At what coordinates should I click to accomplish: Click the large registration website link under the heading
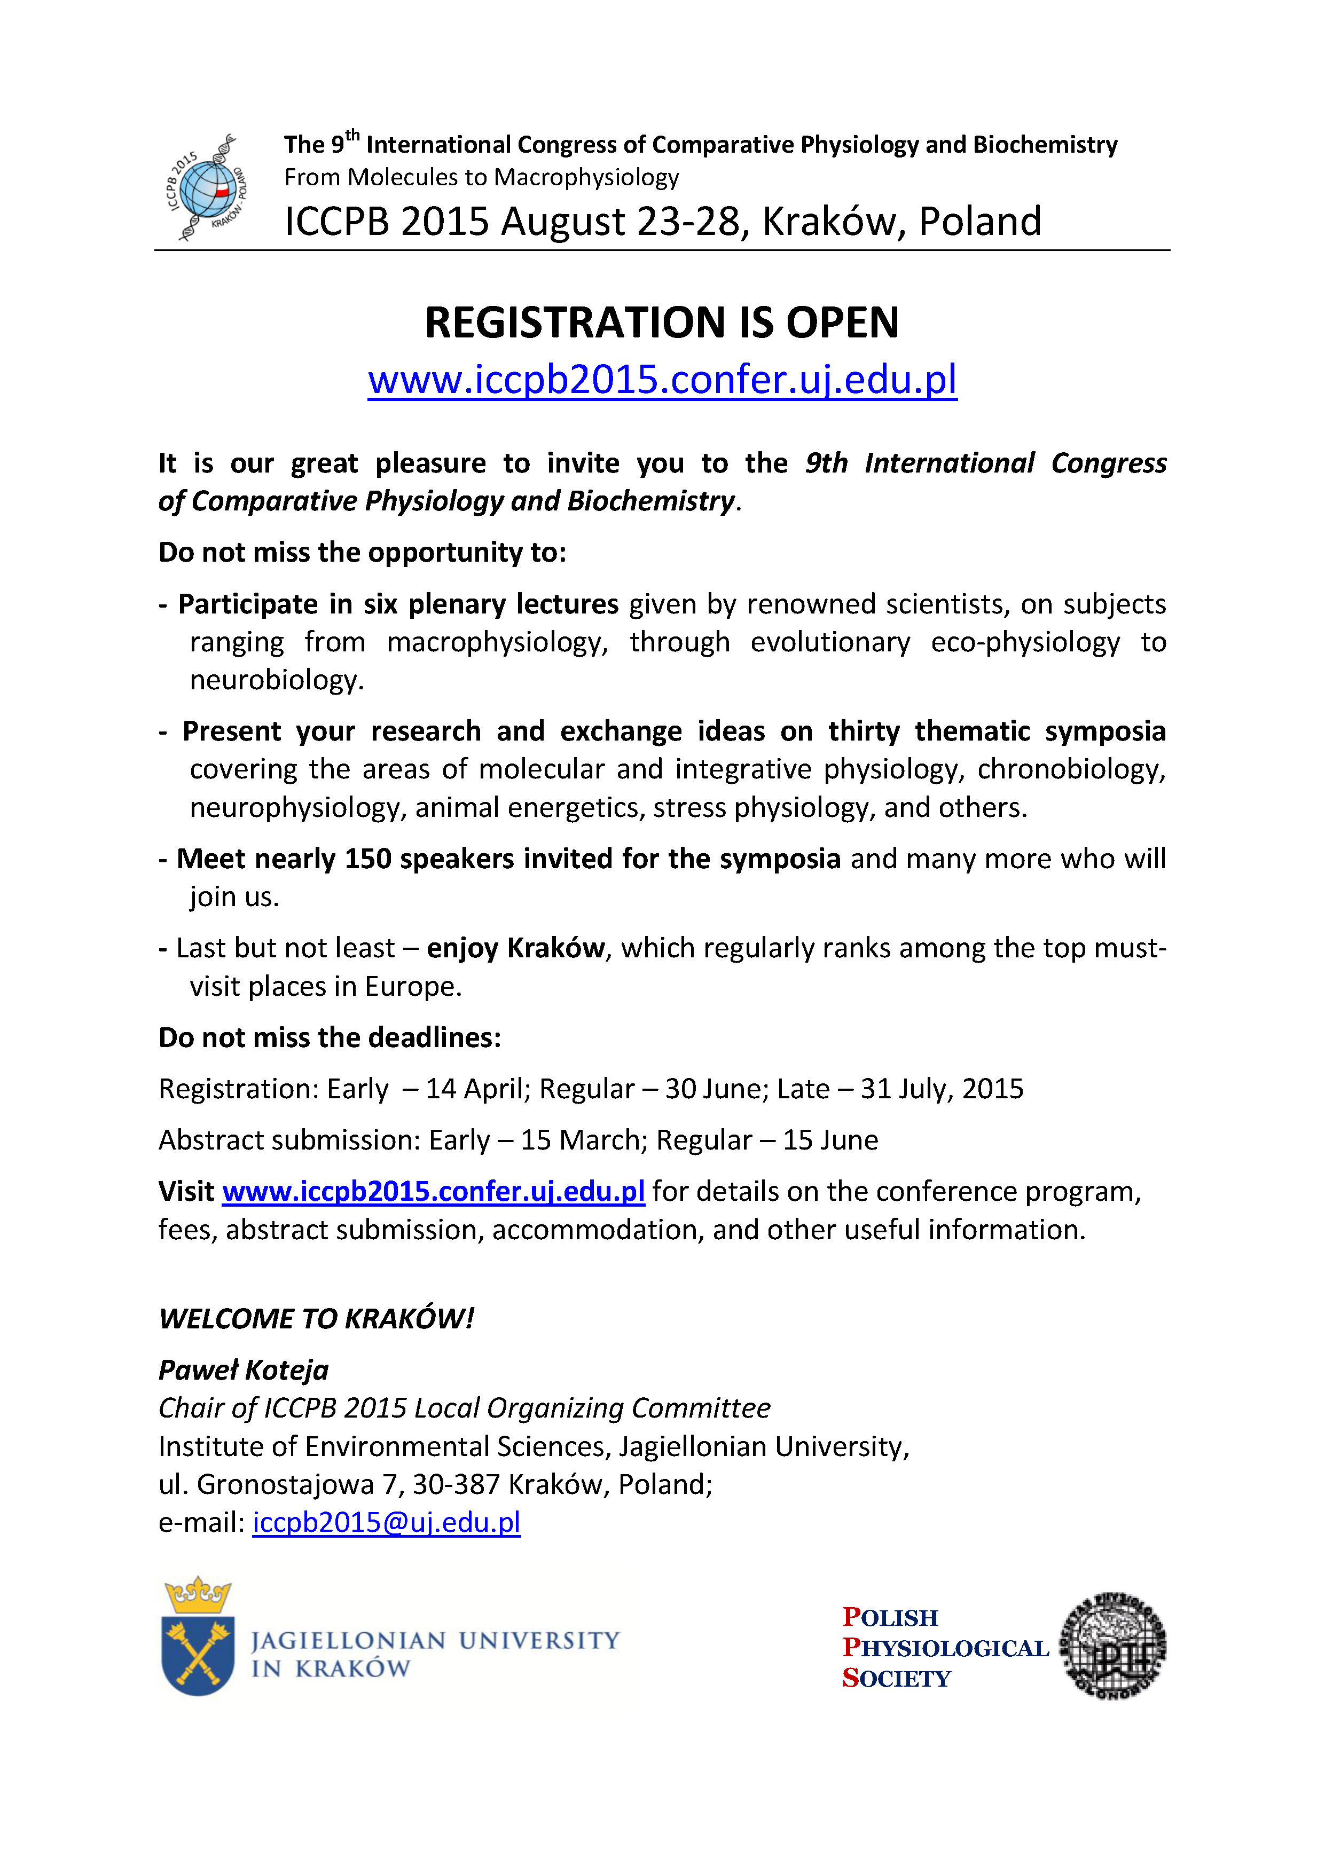662,379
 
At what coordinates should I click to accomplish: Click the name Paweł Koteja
243,1370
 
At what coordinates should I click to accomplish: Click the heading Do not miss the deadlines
330,1037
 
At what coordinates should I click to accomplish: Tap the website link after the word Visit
433,1192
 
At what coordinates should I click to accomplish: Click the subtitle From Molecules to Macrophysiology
481,177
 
